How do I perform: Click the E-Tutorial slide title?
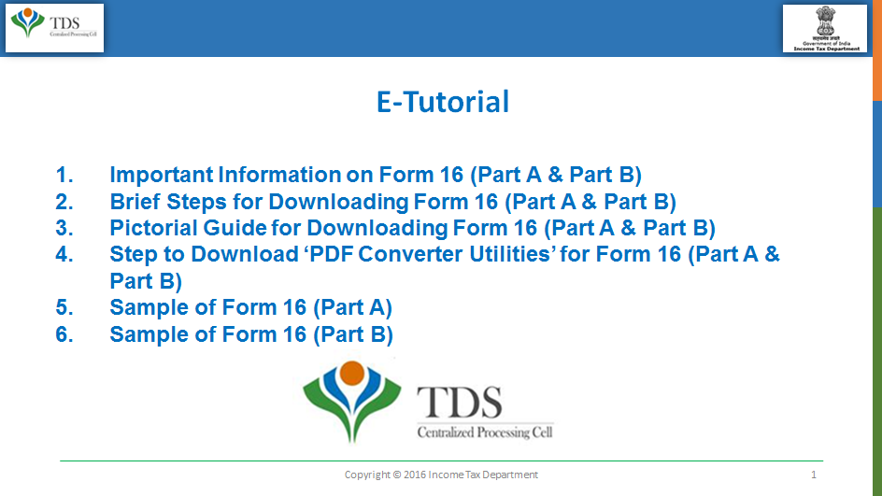[443, 102]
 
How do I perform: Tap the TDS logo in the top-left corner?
[54, 28]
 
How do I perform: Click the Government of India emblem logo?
[825, 29]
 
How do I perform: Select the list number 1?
[64, 175]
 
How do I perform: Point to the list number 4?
[64, 254]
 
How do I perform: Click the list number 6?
[64, 334]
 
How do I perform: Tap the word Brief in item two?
[135, 202]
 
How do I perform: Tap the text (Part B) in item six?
[352, 335]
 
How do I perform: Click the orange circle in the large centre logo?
[352, 373]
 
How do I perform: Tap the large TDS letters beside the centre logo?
[459, 403]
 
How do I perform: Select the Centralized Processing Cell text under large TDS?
[485, 432]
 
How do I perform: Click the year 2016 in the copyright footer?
[415, 475]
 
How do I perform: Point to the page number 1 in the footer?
[814, 475]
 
